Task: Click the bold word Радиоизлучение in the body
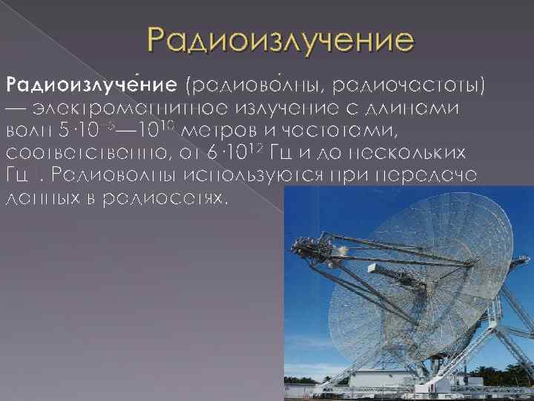point(92,87)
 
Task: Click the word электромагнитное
point(119,108)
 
